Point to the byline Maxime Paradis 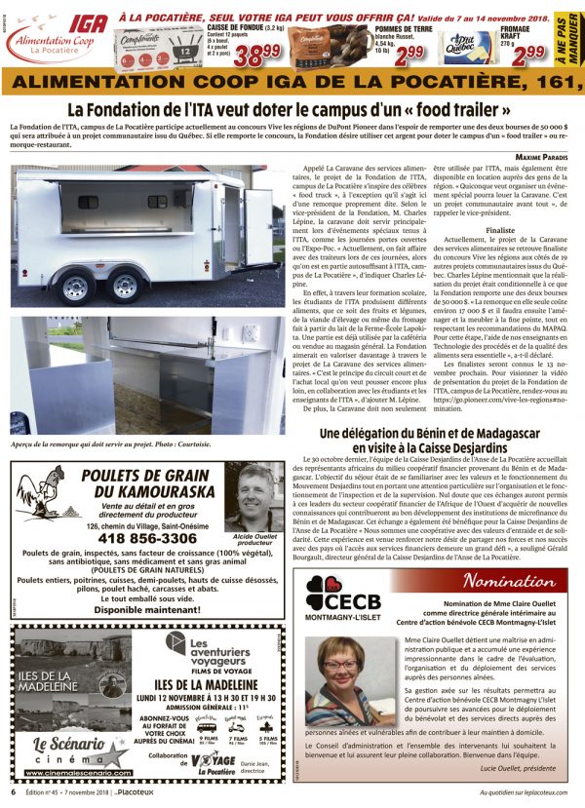pyautogui.click(x=541, y=155)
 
